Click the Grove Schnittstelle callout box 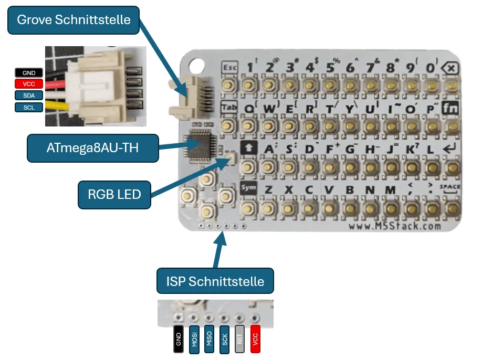coord(74,20)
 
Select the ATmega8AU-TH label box coord(92,149)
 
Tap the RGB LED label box coord(114,194)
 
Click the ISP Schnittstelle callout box coord(215,281)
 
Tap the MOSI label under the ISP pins coord(194,338)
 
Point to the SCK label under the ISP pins coord(225,338)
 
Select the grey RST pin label coord(240,338)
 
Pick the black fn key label coord(450,108)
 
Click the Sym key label coord(248,187)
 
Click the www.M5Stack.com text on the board coord(395,226)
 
